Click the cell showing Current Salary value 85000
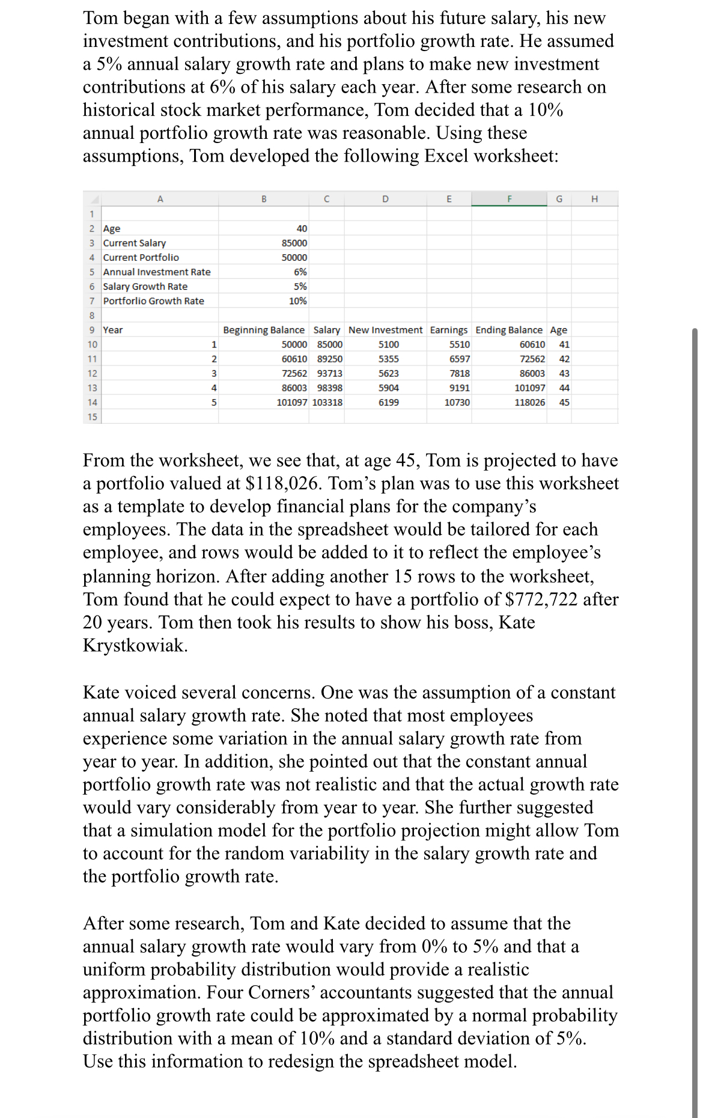[x=294, y=243]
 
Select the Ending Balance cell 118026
[x=529, y=402]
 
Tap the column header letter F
[x=509, y=199]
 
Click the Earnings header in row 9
[x=448, y=330]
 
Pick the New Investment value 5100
[x=388, y=344]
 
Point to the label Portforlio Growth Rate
[x=153, y=301]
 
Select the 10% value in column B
[x=297, y=301]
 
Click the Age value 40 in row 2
[x=302, y=228]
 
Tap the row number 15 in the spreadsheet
[x=92, y=417]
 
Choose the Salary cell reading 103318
[x=327, y=402]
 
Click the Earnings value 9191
[x=460, y=388]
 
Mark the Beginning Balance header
[x=264, y=330]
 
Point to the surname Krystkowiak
[x=135, y=645]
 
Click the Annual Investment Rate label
[x=157, y=272]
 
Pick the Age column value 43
[x=564, y=373]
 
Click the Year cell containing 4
[x=214, y=388]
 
